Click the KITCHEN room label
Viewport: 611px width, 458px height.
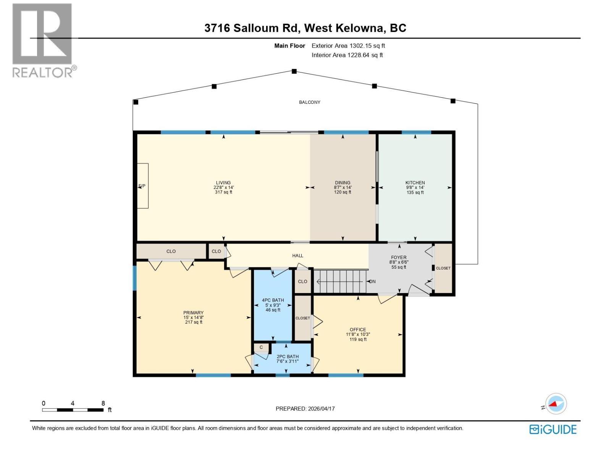(415, 183)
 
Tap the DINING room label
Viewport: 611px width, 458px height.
(343, 183)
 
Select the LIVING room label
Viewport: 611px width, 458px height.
(223, 183)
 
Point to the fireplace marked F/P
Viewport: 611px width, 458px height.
(142, 185)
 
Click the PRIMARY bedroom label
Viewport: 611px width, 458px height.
(193, 313)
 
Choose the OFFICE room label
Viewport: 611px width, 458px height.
(358, 329)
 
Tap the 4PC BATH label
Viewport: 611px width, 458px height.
(273, 300)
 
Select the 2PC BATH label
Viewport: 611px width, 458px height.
(288, 356)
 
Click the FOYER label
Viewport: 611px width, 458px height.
(399, 257)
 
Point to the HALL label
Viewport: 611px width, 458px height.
(297, 256)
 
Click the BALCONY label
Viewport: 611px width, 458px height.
(310, 102)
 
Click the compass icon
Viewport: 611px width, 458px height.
(556, 404)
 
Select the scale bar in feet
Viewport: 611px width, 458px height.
(73, 410)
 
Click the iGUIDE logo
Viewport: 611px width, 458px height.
(553, 429)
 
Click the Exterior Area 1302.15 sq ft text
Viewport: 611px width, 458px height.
(348, 45)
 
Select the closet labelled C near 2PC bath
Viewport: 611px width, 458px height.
(261, 347)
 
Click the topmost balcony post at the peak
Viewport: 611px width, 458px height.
(294, 71)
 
